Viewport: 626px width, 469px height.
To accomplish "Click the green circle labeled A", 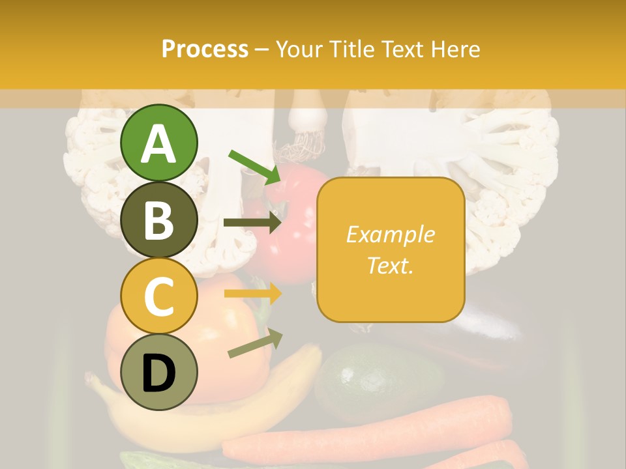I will (x=158, y=143).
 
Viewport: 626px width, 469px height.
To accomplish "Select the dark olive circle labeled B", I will (x=158, y=220).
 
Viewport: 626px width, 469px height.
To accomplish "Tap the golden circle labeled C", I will (x=158, y=296).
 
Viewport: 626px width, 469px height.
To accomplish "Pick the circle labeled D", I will (x=158, y=372).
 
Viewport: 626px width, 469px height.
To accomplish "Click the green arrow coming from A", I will (x=254, y=167).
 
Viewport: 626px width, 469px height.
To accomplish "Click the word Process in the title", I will (x=205, y=49).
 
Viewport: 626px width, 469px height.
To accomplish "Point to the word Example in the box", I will (x=390, y=234).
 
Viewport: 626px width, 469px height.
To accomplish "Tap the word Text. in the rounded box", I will (x=390, y=265).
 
